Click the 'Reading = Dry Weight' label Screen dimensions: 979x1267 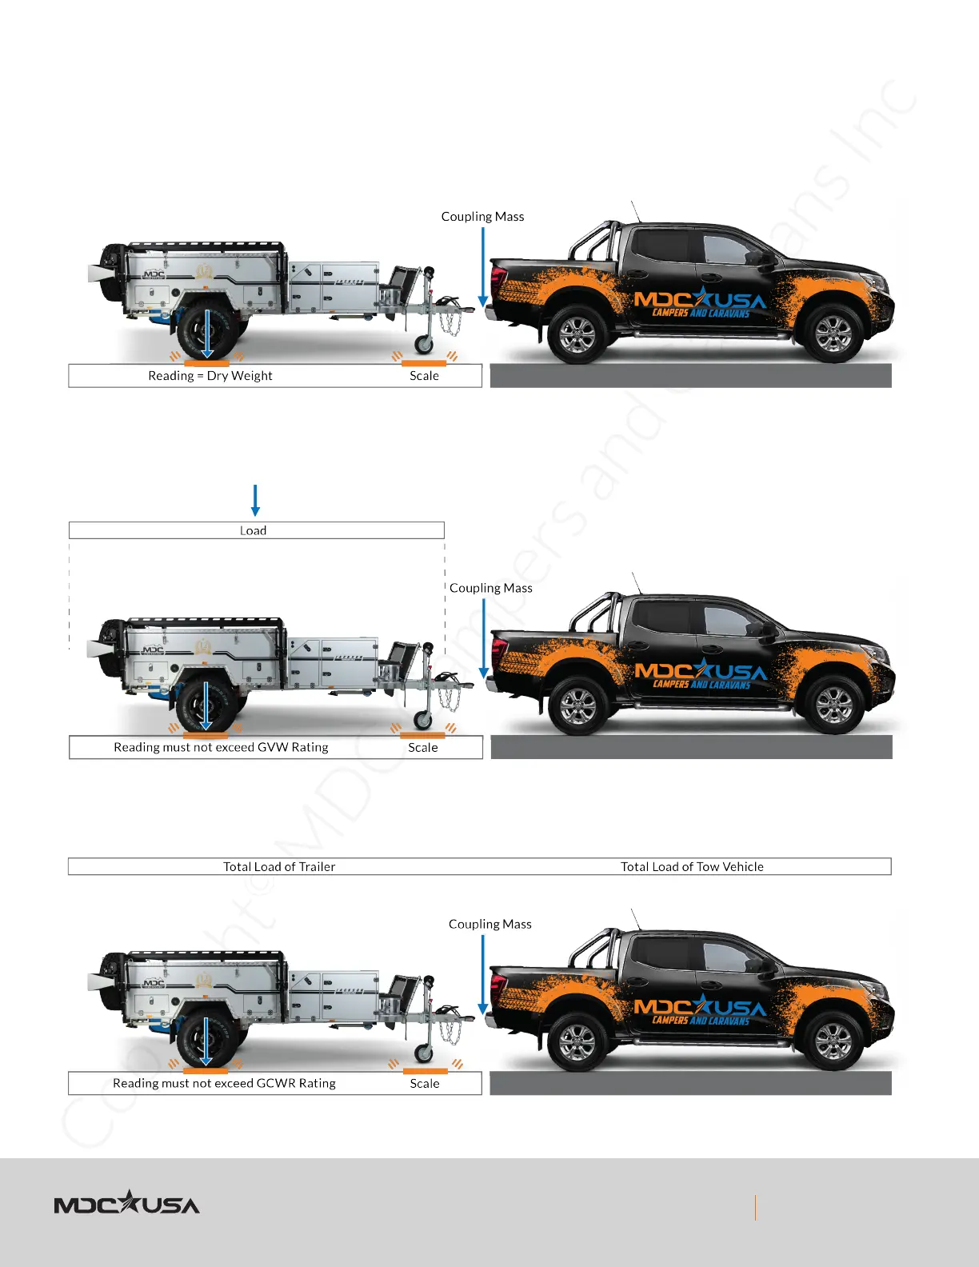[210, 376]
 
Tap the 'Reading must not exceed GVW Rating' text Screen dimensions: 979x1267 [221, 747]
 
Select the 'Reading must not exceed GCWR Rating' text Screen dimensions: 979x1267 [224, 1083]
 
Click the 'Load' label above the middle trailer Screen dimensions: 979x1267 [253, 530]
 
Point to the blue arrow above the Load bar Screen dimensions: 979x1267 [255, 500]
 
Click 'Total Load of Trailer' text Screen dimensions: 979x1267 [279, 866]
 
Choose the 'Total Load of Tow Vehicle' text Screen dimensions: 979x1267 [692, 866]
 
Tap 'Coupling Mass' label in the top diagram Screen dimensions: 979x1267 [482, 217]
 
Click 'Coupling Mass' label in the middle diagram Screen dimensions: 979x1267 [490, 588]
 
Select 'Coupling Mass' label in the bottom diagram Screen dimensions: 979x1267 [489, 924]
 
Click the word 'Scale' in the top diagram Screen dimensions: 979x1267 [424, 376]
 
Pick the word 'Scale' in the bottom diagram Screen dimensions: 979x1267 [424, 1083]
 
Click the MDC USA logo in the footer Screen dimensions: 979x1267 [126, 1203]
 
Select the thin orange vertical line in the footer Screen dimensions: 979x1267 [755, 1207]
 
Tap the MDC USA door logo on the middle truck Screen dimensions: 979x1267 [700, 674]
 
